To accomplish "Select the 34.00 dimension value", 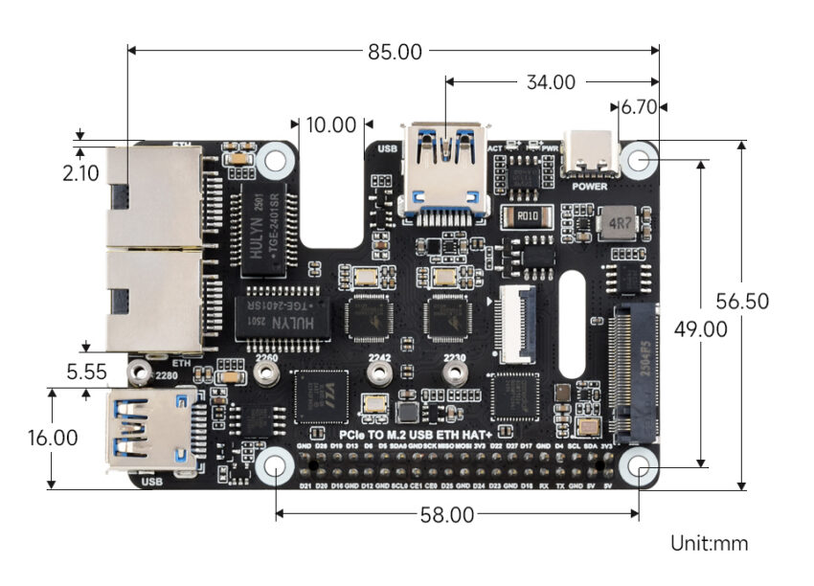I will pos(550,82).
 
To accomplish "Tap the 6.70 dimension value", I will pos(639,107).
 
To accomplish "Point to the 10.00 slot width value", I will pos(330,124).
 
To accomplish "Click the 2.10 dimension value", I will pos(80,174).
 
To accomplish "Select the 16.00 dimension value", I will pos(53,438).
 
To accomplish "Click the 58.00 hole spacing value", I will pos(447,515).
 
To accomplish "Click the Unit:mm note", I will pos(709,544).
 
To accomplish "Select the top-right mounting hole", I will pos(639,158).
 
